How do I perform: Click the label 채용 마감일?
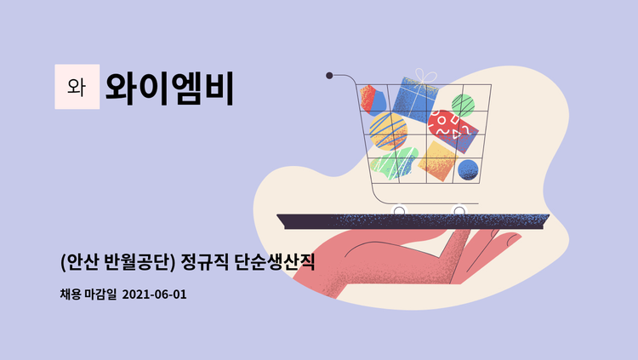pyautogui.click(x=89, y=294)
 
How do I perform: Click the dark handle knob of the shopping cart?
pyautogui.click(x=329, y=76)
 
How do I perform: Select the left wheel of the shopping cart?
pyautogui.click(x=399, y=209)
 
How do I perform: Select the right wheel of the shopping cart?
pyautogui.click(x=459, y=209)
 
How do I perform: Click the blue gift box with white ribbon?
pyautogui.click(x=414, y=99)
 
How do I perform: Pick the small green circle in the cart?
pyautogui.click(x=463, y=105)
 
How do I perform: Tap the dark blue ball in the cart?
pyautogui.click(x=468, y=169)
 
